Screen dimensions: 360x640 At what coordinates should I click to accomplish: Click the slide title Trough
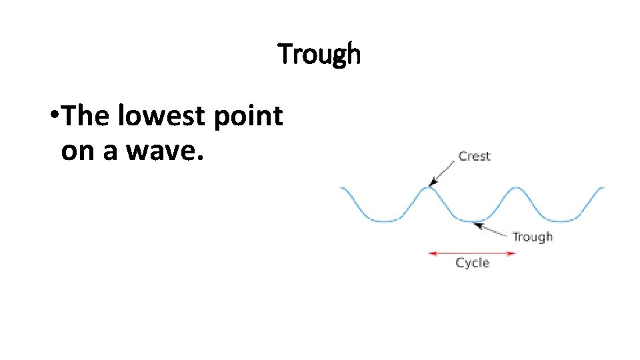coord(319,54)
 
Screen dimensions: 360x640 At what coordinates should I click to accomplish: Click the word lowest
coord(163,117)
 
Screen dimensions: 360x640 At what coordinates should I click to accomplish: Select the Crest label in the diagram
coord(474,156)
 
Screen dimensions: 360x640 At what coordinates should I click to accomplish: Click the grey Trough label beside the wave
coord(532,237)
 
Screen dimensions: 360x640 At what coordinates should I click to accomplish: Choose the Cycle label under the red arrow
coord(472,263)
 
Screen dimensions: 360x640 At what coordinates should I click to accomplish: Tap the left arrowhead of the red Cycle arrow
coord(431,253)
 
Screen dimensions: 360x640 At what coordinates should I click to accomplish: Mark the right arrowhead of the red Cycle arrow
coord(513,253)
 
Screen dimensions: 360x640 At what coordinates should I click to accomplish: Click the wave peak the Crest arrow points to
coord(429,187)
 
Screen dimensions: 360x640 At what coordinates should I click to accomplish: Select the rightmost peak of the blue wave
coord(515,187)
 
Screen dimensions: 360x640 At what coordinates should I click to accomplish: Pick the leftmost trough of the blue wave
coord(385,220)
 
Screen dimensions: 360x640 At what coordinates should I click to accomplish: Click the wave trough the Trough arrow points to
coord(471,220)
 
